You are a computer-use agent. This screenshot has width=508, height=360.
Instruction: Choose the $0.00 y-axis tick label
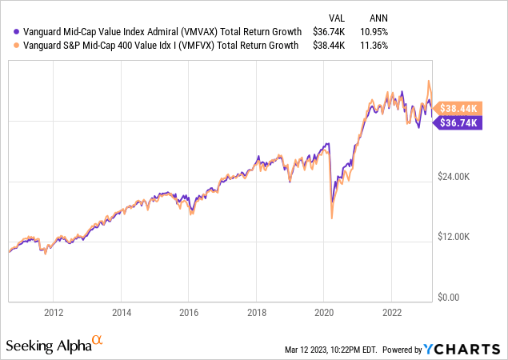tap(458, 298)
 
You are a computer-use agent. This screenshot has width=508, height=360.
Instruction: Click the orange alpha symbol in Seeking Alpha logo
tap(98, 341)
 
